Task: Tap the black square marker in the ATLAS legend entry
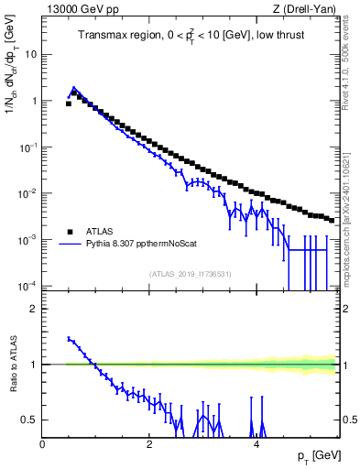(x=69, y=233)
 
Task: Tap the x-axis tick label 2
(x=149, y=444)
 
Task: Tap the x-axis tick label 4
(x=256, y=444)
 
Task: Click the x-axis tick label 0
(x=43, y=444)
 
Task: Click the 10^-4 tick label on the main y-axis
(x=27, y=286)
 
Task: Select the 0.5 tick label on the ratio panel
(x=29, y=420)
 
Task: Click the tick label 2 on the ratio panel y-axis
(x=34, y=309)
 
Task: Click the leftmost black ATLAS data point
(x=69, y=104)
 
